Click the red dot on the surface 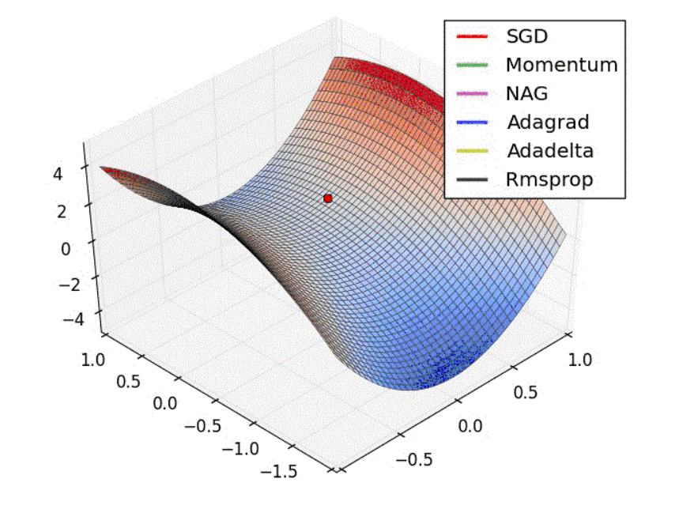pyautogui.click(x=328, y=198)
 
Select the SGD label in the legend pyautogui.click(x=527, y=36)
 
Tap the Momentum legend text pyautogui.click(x=561, y=65)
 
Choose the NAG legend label pyautogui.click(x=527, y=93)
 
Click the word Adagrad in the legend pyautogui.click(x=547, y=122)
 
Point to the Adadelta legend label pyautogui.click(x=549, y=150)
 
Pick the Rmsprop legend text pyautogui.click(x=549, y=179)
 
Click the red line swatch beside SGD pyautogui.click(x=473, y=36)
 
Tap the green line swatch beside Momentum pyautogui.click(x=473, y=65)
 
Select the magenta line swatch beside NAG pyautogui.click(x=473, y=93)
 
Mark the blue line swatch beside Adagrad pyautogui.click(x=473, y=122)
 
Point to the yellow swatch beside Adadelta pyautogui.click(x=473, y=150)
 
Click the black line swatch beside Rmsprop pyautogui.click(x=473, y=179)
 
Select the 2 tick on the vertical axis pyautogui.click(x=68, y=209)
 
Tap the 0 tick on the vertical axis pyautogui.click(x=68, y=248)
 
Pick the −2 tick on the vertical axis pyautogui.click(x=62, y=285)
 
